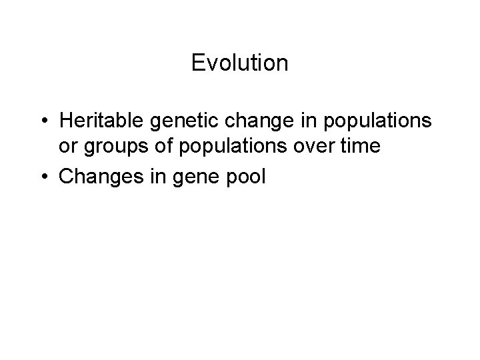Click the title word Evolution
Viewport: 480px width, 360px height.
(239, 63)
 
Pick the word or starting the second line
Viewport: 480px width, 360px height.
(67, 146)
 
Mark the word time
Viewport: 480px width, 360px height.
(360, 146)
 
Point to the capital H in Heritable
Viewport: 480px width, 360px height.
(65, 121)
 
